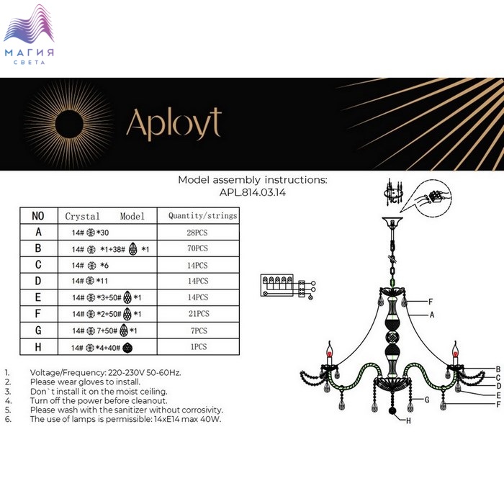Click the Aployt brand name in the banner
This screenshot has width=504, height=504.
click(174, 124)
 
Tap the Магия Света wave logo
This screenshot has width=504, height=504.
click(29, 34)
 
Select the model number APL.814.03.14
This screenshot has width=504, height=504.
click(253, 192)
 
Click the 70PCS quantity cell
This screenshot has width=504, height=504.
click(198, 248)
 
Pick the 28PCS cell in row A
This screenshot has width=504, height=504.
click(197, 233)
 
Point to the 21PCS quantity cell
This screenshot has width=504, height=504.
click(199, 313)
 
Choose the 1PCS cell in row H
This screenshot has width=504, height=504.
click(199, 346)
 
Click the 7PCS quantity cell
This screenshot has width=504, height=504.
click(199, 330)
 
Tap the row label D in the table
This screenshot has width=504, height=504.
click(38, 281)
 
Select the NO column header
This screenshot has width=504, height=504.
click(38, 216)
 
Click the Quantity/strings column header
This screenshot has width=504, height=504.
click(203, 216)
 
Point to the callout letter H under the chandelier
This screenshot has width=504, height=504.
click(408, 420)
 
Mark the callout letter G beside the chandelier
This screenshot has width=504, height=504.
click(427, 400)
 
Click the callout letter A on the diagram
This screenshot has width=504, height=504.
click(432, 315)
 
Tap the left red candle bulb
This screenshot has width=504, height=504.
click(329, 353)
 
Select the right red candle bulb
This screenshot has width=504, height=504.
click(455, 353)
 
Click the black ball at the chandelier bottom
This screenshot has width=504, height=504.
click(392, 411)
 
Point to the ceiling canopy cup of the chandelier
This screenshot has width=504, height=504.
click(392, 222)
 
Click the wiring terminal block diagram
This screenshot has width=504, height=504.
click(288, 286)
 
